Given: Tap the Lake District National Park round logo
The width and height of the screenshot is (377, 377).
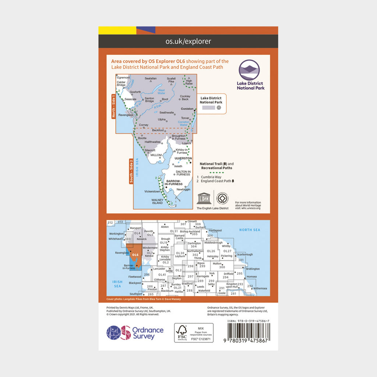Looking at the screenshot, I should (249, 70).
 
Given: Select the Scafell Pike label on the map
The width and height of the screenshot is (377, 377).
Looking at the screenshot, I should (171, 80).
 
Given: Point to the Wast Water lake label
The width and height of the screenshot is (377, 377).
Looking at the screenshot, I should (161, 92).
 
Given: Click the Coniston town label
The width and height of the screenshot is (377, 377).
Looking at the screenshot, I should (187, 109).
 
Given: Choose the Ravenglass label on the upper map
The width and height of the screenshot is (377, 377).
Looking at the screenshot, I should (126, 115).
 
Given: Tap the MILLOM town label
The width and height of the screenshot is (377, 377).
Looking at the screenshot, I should (156, 156).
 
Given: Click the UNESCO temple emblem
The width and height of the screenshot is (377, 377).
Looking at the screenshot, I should (203, 198).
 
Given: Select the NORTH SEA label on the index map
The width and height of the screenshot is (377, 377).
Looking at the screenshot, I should (250, 230).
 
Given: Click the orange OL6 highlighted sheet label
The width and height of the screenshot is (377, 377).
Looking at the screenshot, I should (135, 254).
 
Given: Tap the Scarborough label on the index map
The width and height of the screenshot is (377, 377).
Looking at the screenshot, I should (245, 254).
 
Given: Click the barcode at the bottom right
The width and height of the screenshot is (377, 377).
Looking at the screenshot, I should (248, 334).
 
